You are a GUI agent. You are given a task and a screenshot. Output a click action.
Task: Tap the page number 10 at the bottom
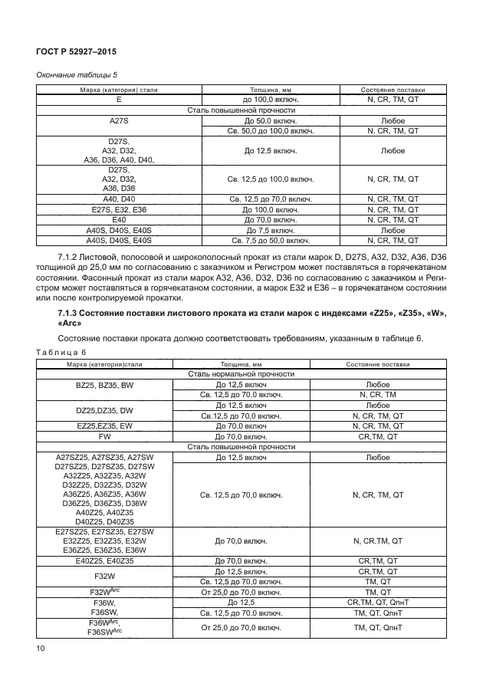tap(40, 649)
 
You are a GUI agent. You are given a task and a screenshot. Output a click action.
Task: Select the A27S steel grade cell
tap(119, 121)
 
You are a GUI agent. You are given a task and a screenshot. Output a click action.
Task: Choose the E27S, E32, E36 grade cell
tap(119, 209)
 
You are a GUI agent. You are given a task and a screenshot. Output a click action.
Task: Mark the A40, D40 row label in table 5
tap(119, 199)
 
